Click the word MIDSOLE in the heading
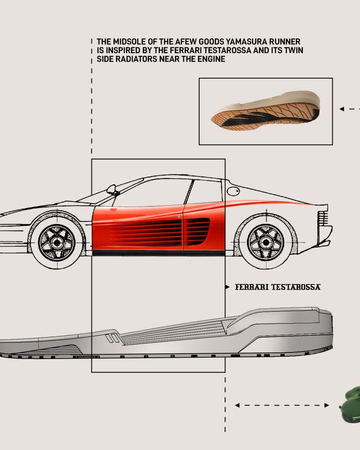pyautogui.click(x=128, y=42)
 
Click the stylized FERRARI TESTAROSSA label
pyautogui.click(x=278, y=287)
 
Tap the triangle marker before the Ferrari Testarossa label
pyautogui.click(x=227, y=287)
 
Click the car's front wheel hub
pyautogui.click(x=57, y=243)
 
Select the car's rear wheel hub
pyautogui.click(x=266, y=243)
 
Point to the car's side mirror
pyautogui.click(x=112, y=190)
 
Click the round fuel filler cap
pyautogui.click(x=233, y=191)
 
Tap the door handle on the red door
pyautogui.click(x=179, y=217)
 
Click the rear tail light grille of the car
pyautogui.click(x=323, y=218)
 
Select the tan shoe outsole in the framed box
pyautogui.click(x=265, y=111)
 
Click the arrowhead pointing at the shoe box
pyautogui.click(x=342, y=109)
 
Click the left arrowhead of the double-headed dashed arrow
pyautogui.click(x=237, y=405)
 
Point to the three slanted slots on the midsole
pyautogui.click(x=113, y=338)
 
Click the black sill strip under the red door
pyautogui.click(x=158, y=253)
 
